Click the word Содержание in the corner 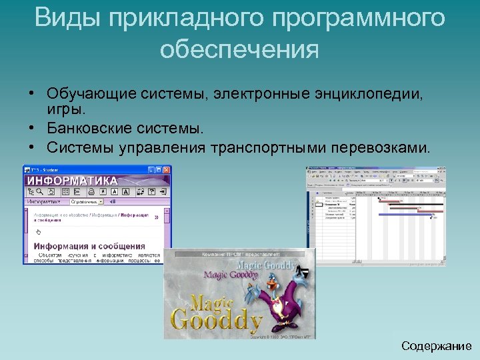click(x=437, y=346)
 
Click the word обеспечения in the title click(x=240, y=50)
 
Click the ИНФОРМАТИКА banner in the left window click(x=72, y=181)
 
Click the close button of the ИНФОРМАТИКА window click(x=167, y=170)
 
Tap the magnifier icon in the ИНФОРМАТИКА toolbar click(x=39, y=191)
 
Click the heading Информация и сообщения click(x=89, y=246)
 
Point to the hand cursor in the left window click(x=38, y=231)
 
